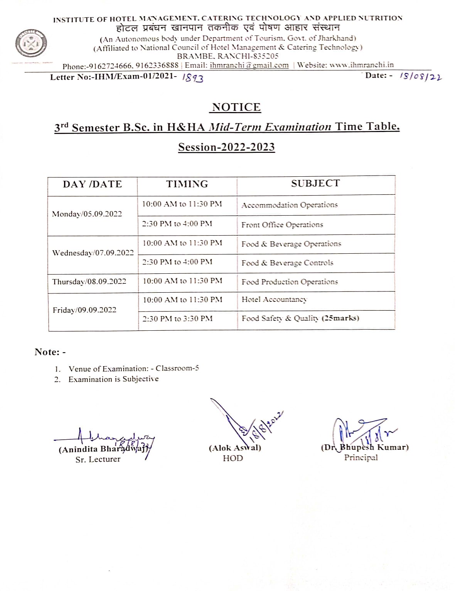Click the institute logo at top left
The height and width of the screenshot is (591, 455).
31,44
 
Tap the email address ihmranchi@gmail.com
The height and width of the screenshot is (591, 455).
249,65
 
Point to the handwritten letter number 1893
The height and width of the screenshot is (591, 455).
192,78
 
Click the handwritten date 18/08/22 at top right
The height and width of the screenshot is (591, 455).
421,77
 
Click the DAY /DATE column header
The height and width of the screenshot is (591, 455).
92,184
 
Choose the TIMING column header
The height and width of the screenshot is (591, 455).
187,184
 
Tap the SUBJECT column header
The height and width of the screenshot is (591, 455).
315,184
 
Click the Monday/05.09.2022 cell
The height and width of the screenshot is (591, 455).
87,214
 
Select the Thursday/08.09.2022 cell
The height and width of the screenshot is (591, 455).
89,282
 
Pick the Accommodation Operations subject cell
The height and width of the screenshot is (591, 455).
290,205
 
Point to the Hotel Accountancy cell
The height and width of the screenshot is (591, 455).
274,300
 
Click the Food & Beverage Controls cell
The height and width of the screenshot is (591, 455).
287,263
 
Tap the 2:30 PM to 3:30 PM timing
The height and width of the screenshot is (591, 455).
177,319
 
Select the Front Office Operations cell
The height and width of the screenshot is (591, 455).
282,225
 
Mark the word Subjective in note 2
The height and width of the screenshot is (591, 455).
140,379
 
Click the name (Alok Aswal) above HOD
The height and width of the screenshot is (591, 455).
235,448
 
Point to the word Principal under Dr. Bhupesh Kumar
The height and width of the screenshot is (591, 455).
361,457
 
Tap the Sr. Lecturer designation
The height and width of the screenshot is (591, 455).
98,459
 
